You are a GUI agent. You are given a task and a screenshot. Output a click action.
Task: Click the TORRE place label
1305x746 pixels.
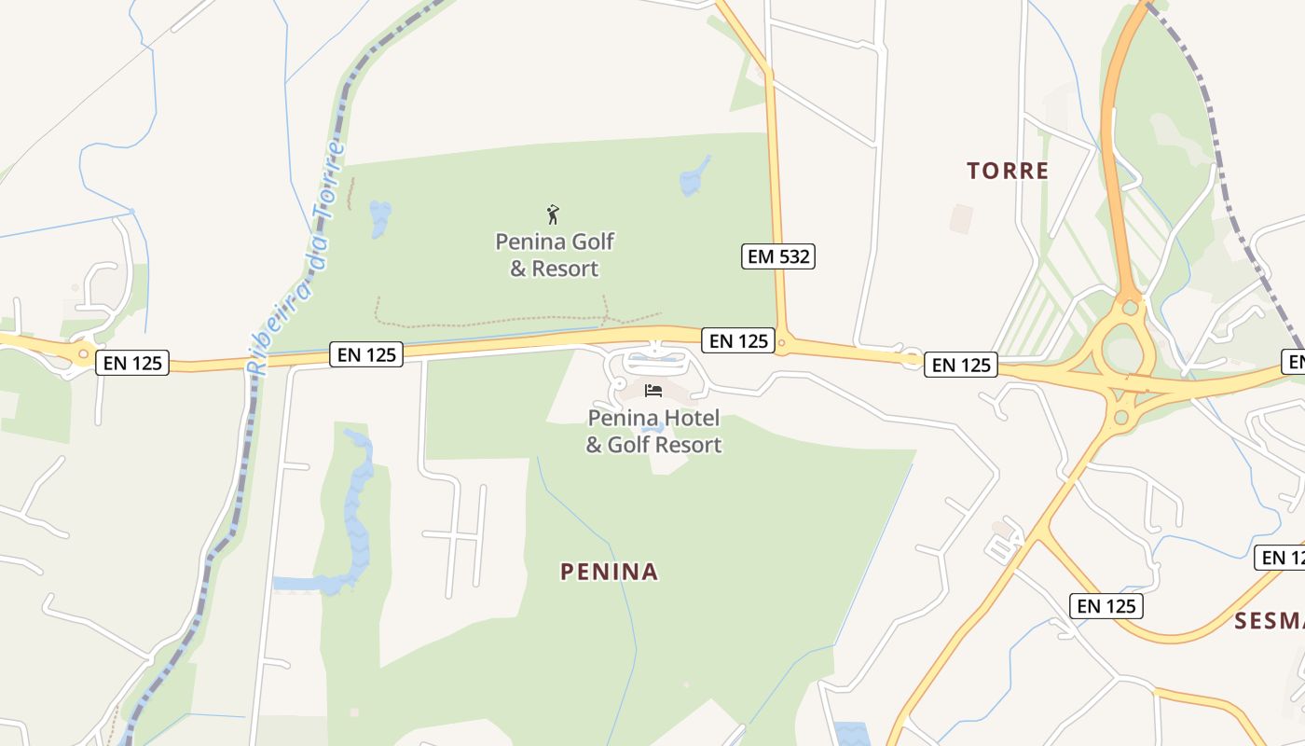tap(1008, 171)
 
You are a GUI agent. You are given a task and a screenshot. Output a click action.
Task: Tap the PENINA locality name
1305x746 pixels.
tap(610, 572)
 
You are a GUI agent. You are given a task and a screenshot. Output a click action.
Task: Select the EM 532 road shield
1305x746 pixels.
tap(778, 256)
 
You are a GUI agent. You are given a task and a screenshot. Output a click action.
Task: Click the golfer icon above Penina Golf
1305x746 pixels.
tap(553, 215)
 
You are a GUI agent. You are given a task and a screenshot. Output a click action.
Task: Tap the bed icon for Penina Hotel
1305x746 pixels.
tap(653, 391)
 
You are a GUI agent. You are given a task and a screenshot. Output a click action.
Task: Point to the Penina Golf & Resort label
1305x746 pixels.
tap(555, 255)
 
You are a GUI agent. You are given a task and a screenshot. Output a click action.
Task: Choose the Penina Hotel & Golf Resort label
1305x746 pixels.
tap(653, 431)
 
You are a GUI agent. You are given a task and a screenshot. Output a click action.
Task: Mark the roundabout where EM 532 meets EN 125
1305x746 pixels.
tap(781, 345)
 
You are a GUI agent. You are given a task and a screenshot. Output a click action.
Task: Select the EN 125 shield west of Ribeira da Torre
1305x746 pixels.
tap(132, 363)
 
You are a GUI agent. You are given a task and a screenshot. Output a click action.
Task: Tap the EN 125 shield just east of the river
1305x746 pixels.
tap(366, 354)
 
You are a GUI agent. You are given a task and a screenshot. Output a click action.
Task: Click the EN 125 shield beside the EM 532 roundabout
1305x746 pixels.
tap(738, 341)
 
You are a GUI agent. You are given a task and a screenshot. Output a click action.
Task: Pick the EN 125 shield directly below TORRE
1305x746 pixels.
tap(961, 365)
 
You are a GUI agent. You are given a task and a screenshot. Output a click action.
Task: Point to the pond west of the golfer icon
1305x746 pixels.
tap(380, 219)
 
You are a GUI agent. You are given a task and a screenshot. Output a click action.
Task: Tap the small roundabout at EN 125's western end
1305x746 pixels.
tap(84, 353)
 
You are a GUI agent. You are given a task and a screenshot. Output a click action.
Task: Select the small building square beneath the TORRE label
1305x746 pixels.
tap(961, 219)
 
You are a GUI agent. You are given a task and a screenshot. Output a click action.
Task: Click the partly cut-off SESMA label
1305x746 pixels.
tap(1270, 621)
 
